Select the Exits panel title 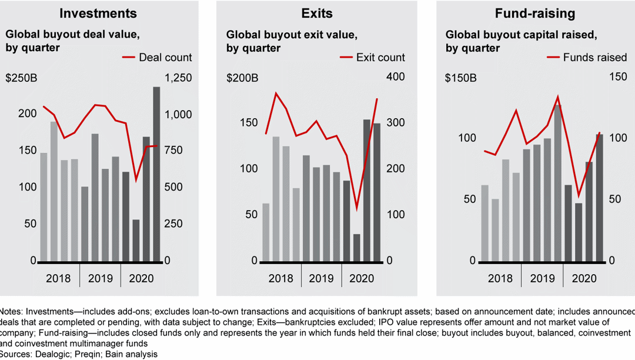point(317,13)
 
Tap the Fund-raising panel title point(536,13)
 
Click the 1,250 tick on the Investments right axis point(178,78)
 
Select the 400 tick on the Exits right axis point(395,78)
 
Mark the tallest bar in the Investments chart point(156,174)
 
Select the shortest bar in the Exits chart point(356,247)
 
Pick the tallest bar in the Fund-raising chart point(558,182)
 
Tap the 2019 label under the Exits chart point(321,278)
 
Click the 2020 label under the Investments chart point(141,278)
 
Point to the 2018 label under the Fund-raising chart point(500,278)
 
